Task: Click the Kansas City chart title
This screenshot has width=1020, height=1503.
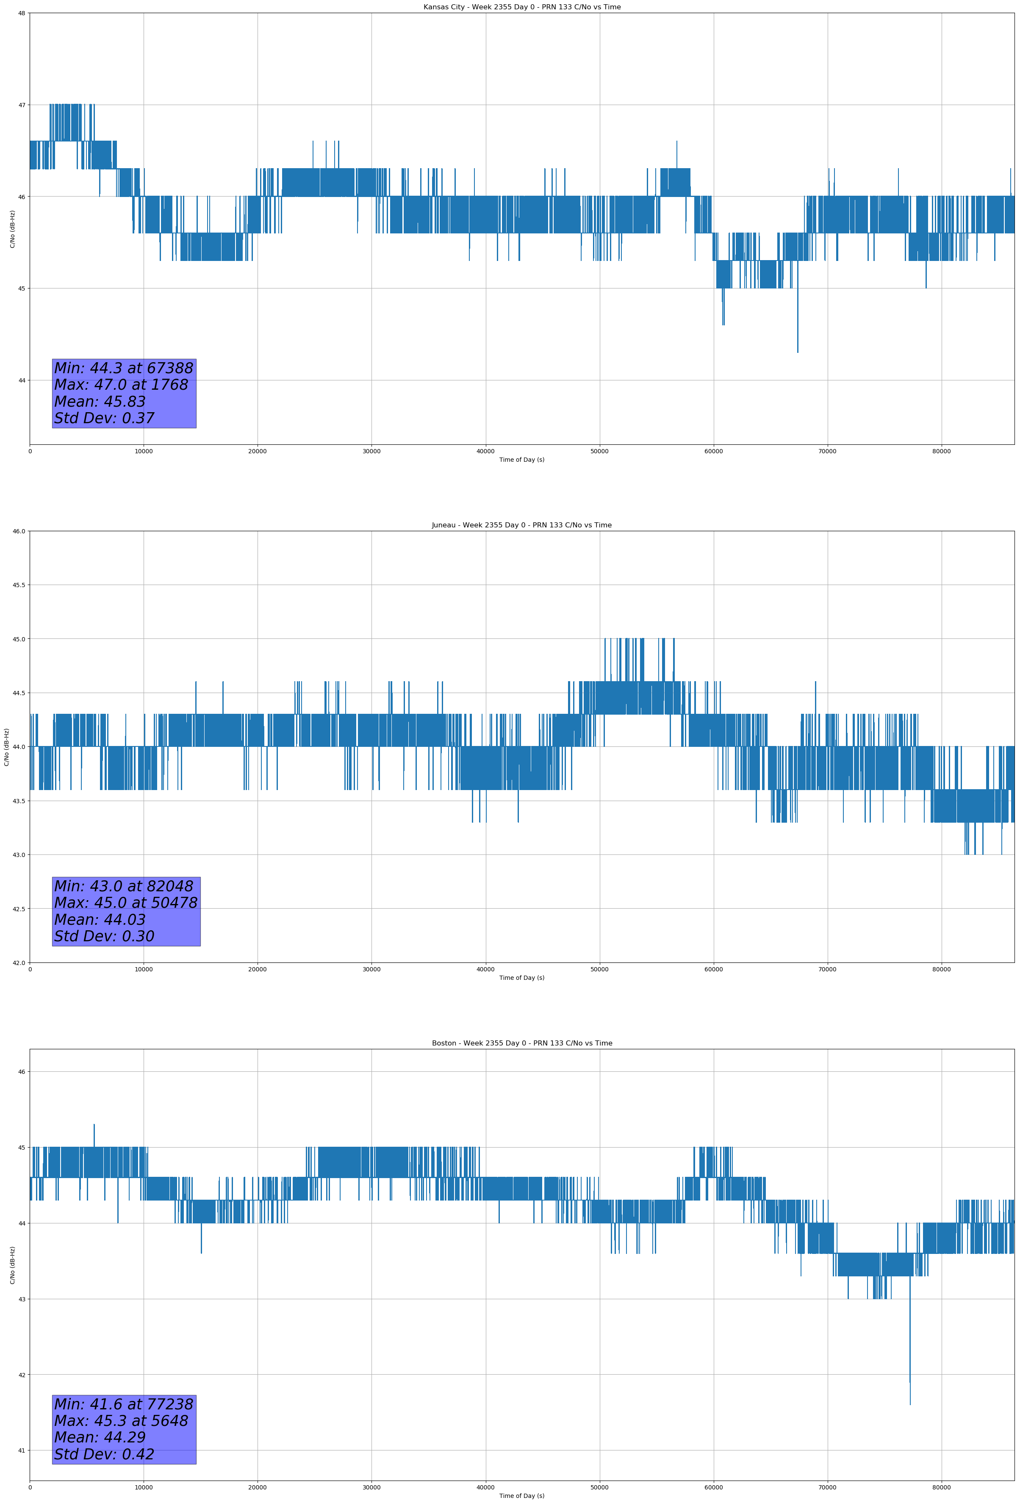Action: (521, 7)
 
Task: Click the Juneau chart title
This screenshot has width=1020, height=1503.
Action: (521, 525)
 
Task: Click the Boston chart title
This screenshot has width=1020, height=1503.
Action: (521, 1043)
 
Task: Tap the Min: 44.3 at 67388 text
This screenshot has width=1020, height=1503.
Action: (124, 368)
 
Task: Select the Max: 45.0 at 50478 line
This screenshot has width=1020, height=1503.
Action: (125, 902)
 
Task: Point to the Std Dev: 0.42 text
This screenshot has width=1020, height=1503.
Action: (104, 1454)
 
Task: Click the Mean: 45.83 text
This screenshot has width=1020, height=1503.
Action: (100, 402)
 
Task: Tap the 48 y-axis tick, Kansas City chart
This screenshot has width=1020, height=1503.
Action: (22, 13)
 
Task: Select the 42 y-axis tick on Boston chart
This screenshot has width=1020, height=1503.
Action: (22, 1375)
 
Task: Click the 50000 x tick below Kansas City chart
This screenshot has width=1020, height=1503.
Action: (599, 452)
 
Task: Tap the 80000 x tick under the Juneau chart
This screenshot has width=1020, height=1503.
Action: (941, 969)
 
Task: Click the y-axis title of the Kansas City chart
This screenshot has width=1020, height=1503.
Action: (12, 229)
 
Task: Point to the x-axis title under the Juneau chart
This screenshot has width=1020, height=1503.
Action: (521, 978)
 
